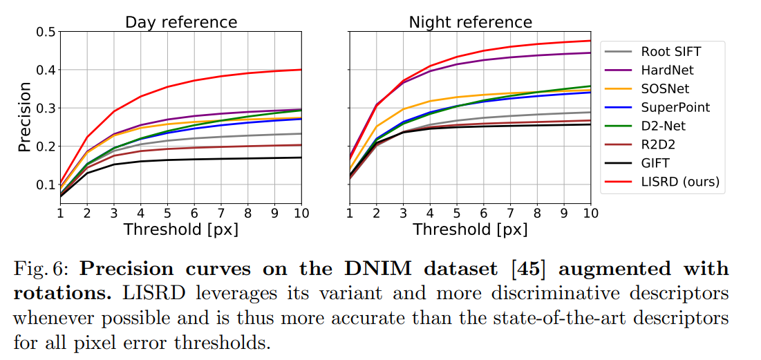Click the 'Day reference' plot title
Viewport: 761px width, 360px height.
(x=180, y=22)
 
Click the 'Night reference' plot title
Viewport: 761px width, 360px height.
(x=470, y=22)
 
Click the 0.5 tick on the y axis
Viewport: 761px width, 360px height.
(x=46, y=32)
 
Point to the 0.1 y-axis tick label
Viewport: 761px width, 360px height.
(x=46, y=184)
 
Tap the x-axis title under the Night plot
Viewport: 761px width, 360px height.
(x=470, y=229)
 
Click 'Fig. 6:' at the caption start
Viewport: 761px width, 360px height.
(x=37, y=268)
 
